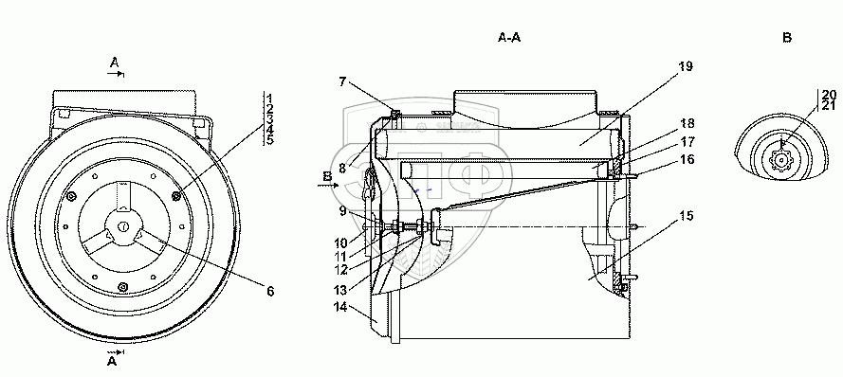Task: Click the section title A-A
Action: [x=509, y=38]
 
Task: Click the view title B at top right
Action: [x=786, y=38]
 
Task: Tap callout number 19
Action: [x=686, y=66]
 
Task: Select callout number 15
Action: [x=686, y=216]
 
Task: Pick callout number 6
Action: [x=270, y=291]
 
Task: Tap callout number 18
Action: [x=687, y=123]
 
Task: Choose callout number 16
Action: [x=687, y=159]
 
